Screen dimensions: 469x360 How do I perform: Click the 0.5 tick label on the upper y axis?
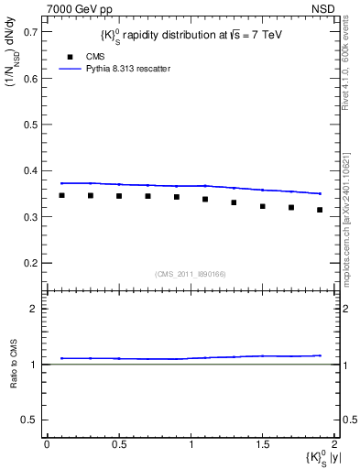click(x=29, y=125)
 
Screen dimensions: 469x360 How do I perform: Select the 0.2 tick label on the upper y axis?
click(x=29, y=263)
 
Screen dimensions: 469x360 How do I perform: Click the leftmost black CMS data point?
click(x=61, y=195)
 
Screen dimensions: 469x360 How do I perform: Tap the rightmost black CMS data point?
click(x=320, y=210)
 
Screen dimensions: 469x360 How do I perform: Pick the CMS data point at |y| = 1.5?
click(x=262, y=206)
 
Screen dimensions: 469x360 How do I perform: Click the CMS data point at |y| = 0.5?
click(x=119, y=196)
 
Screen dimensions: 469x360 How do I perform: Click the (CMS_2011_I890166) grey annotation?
click(x=190, y=273)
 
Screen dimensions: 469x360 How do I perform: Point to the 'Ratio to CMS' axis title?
click(x=14, y=364)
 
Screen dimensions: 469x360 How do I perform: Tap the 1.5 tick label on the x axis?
click(x=262, y=443)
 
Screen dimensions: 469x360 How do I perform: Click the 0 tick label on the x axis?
click(x=47, y=443)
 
